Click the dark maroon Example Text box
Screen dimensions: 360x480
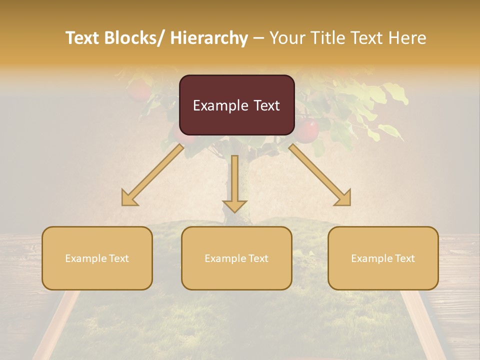pos(236,105)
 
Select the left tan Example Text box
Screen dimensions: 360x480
pos(97,258)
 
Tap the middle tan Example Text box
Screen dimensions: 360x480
pos(236,258)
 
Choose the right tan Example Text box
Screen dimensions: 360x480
pos(383,258)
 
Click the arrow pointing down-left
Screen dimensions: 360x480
pos(152,175)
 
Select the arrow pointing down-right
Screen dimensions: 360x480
pos(320,175)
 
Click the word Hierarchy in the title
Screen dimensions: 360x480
pos(209,38)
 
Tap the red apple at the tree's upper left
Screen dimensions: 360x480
pos(139,90)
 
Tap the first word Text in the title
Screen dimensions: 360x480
pos(83,38)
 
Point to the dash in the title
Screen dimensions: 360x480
pos(259,38)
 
